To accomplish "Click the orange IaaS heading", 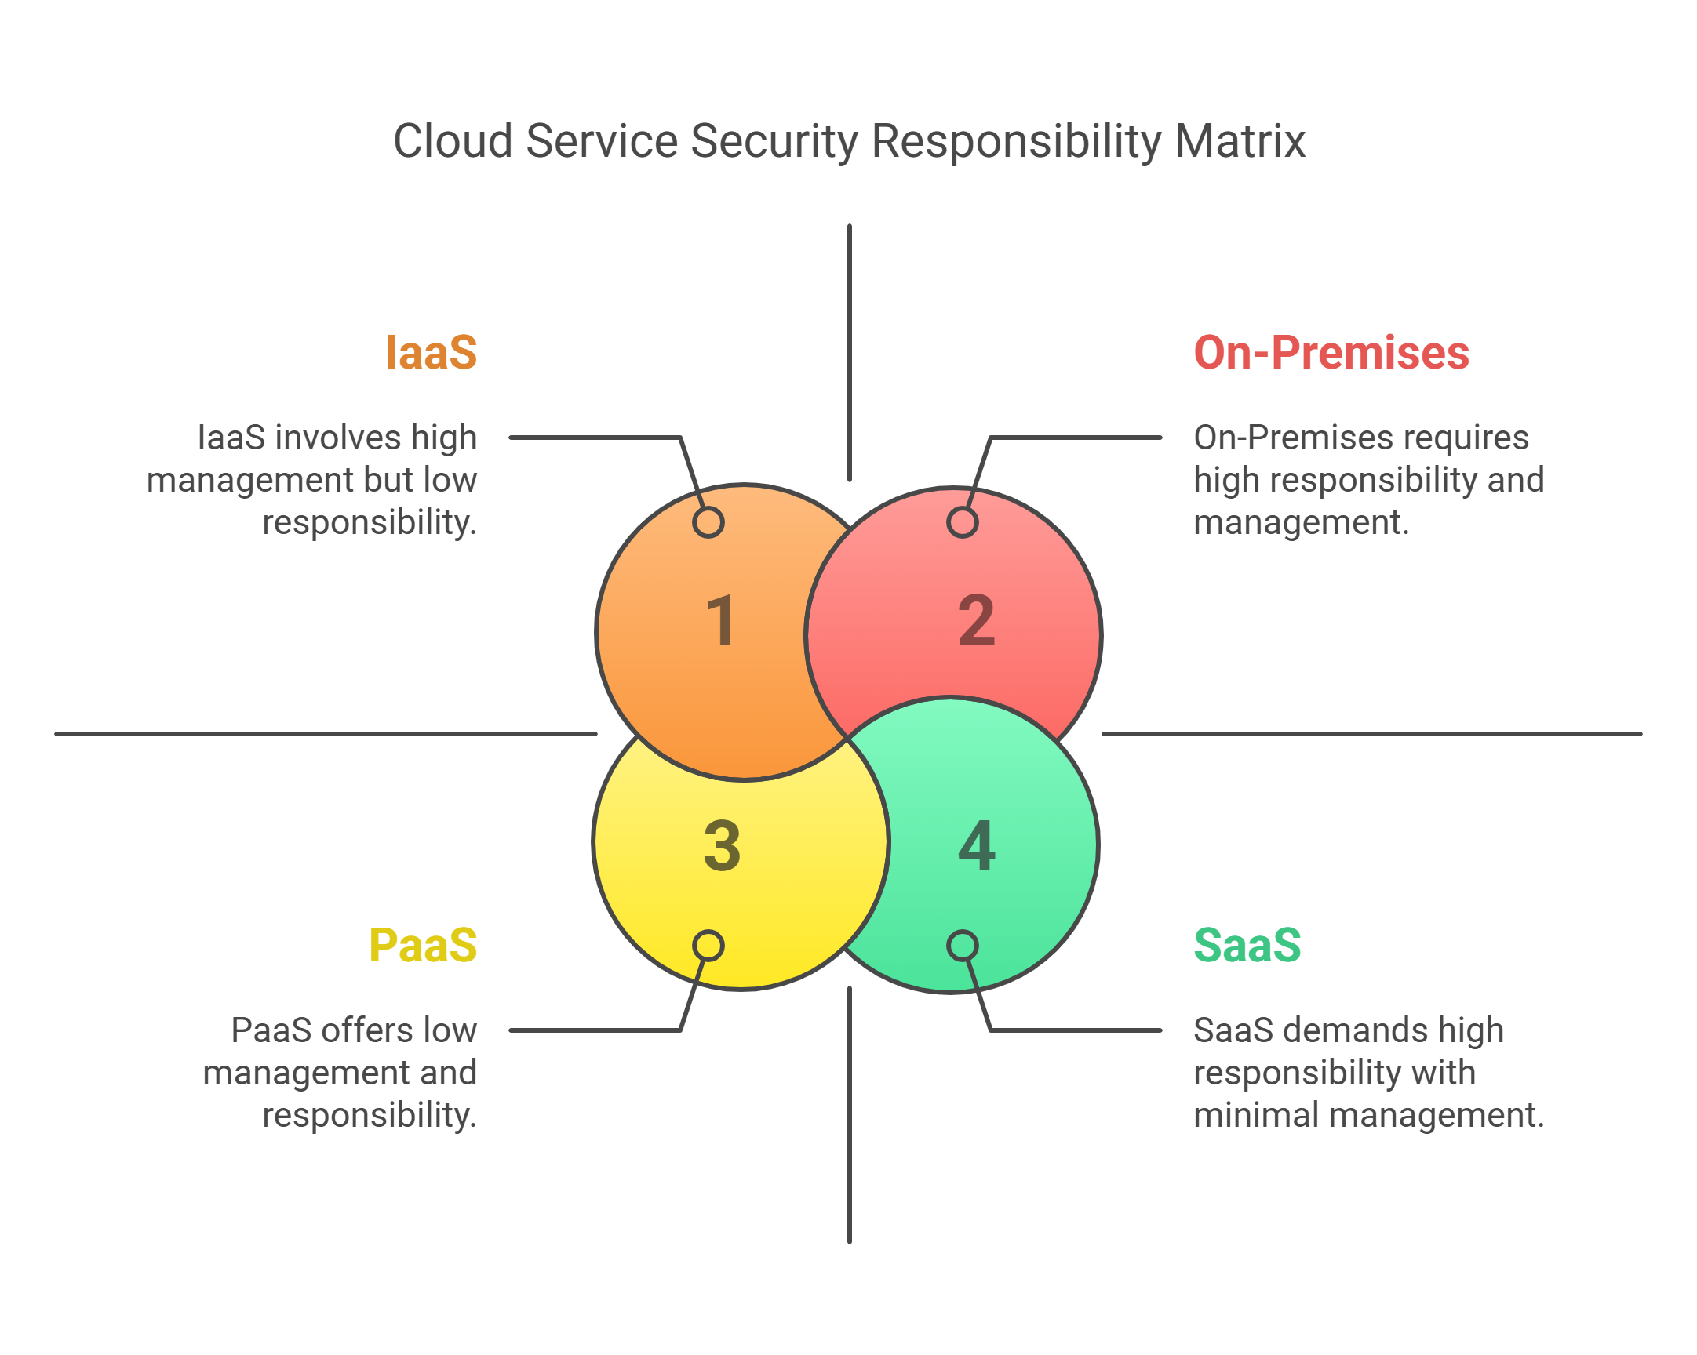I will [x=431, y=353].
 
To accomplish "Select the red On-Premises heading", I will [x=1330, y=353].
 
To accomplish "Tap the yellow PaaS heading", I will [x=423, y=945].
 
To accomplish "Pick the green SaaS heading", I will [x=1247, y=945].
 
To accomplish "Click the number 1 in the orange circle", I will [x=721, y=621].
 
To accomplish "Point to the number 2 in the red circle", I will [x=976, y=621].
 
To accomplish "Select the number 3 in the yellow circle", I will [x=722, y=846].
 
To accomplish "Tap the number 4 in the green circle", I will [x=977, y=846].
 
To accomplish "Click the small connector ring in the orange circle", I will [x=708, y=522].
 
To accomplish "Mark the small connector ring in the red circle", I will [x=962, y=522].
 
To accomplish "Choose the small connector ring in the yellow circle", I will [x=708, y=946].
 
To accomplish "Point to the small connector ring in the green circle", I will [x=962, y=946].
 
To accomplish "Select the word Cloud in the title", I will [x=453, y=142].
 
